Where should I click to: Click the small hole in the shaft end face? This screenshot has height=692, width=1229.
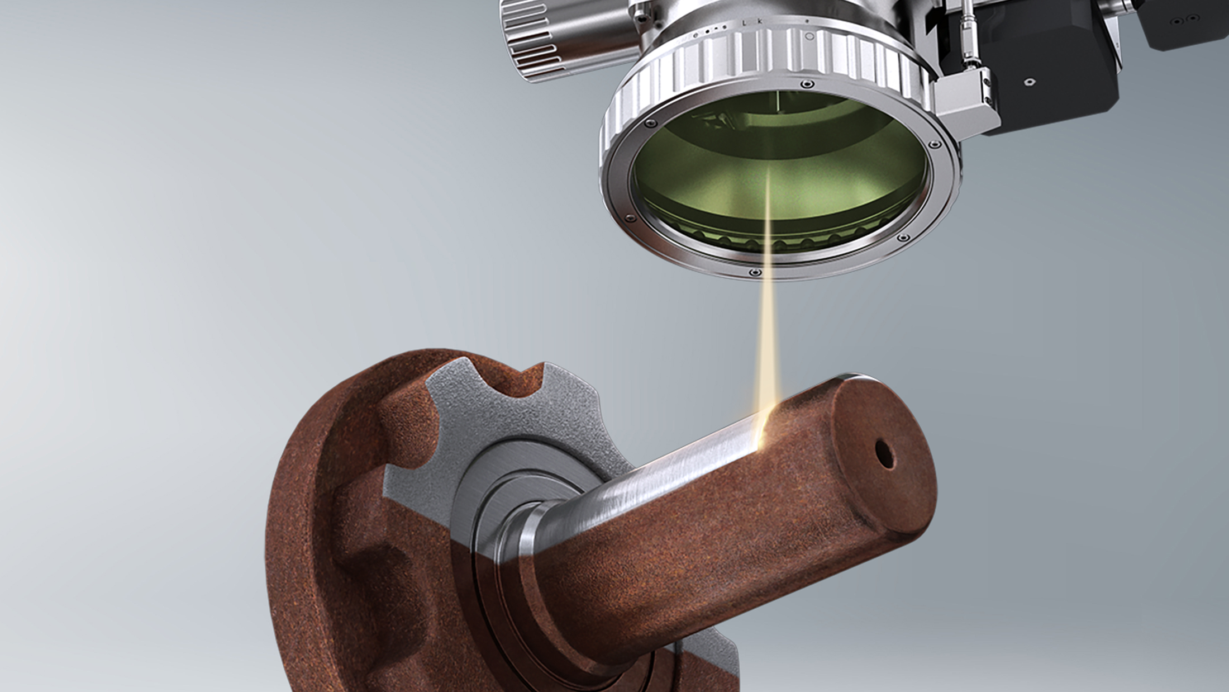tap(884, 454)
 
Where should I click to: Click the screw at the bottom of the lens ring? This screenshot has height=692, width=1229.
tap(755, 272)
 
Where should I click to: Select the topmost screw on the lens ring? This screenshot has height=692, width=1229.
tap(804, 84)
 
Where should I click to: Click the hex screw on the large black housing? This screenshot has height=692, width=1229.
tap(1027, 82)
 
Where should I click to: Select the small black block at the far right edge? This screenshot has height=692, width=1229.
tap(1184, 22)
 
